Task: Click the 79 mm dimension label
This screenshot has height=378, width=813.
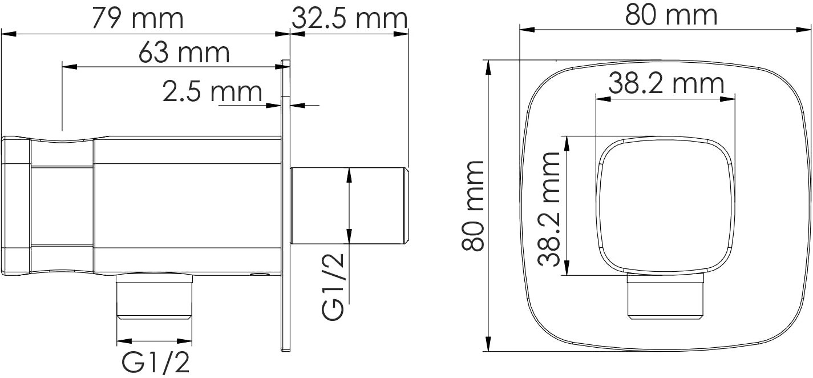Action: click(x=137, y=18)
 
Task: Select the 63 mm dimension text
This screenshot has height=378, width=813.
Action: click(x=184, y=53)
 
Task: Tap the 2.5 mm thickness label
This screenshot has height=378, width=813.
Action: click(x=212, y=91)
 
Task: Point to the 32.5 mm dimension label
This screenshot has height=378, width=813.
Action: click(x=350, y=18)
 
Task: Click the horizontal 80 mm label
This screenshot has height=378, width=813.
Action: click(x=671, y=15)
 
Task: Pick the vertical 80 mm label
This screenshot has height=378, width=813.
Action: click(x=473, y=206)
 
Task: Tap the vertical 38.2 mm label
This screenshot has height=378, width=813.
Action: click(x=549, y=210)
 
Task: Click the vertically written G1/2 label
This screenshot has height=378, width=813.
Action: click(x=333, y=287)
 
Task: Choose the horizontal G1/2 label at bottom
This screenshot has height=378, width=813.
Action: click(x=155, y=363)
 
